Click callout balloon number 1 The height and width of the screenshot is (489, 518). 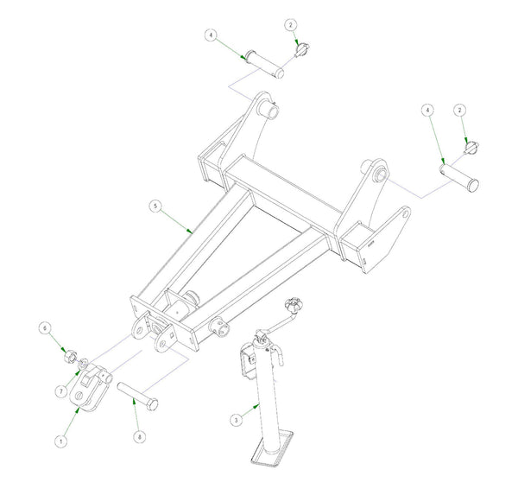[60, 441]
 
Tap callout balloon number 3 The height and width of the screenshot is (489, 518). [236, 420]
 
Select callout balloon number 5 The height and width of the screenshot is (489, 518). [155, 206]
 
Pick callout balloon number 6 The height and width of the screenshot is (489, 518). [45, 328]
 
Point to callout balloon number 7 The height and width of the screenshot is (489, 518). [61, 391]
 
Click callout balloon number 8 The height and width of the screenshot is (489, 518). [139, 437]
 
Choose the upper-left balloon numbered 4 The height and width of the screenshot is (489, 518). [212, 35]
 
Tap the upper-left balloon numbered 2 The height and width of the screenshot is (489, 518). [291, 24]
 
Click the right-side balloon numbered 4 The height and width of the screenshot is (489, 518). [428, 110]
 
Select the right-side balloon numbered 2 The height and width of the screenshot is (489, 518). [459, 110]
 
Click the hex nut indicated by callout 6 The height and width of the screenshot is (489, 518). [70, 357]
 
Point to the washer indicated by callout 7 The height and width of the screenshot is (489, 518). [83, 364]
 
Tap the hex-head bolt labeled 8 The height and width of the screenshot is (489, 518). [137, 396]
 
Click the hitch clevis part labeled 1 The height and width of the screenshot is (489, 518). [91, 387]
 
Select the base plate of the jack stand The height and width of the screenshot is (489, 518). [272, 448]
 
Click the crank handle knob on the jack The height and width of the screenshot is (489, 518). [293, 304]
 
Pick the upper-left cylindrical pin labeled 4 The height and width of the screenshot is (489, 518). [264, 64]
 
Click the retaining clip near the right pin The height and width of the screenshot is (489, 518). [471, 147]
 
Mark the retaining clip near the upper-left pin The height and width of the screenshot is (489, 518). [302, 49]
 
